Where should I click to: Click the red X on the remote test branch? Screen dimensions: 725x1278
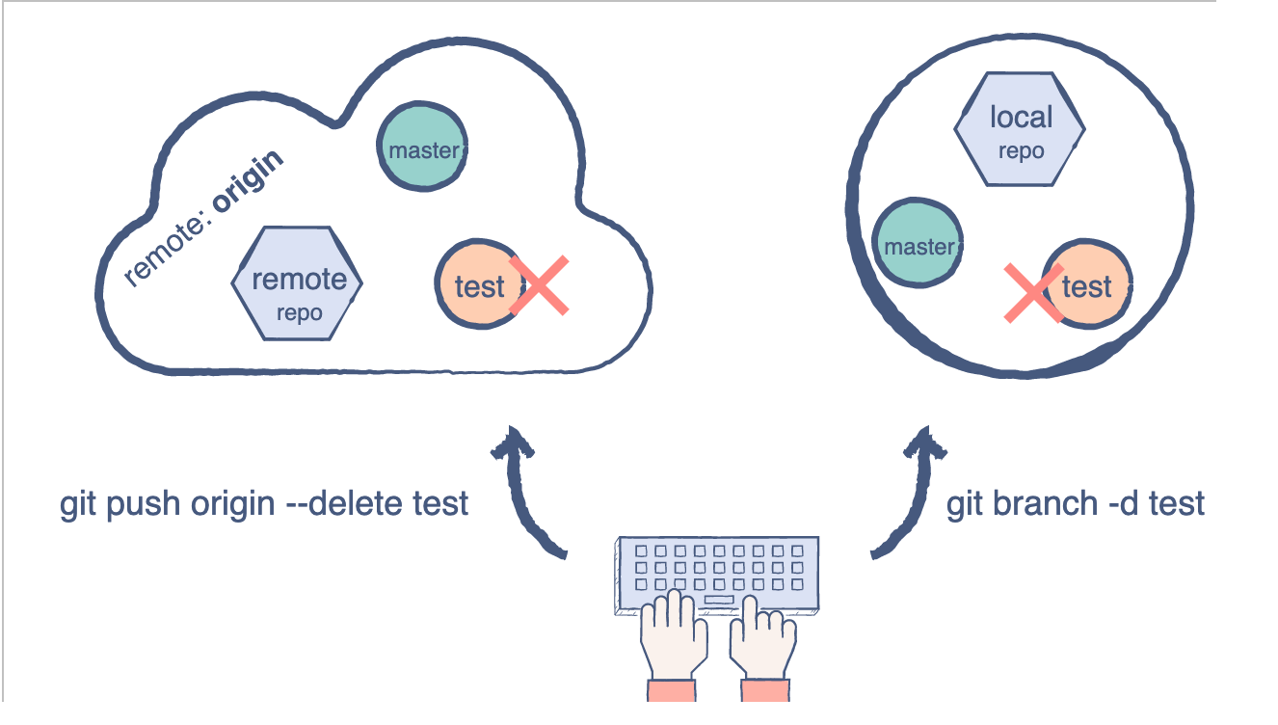(539, 285)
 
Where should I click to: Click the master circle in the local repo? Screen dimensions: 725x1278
(918, 244)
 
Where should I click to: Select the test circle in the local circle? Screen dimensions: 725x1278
(1086, 286)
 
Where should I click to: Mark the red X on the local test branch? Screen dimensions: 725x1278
(1032, 292)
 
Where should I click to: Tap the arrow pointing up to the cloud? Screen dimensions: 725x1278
(526, 492)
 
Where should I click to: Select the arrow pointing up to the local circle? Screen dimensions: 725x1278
(908, 492)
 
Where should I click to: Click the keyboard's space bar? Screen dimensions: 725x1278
(718, 601)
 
